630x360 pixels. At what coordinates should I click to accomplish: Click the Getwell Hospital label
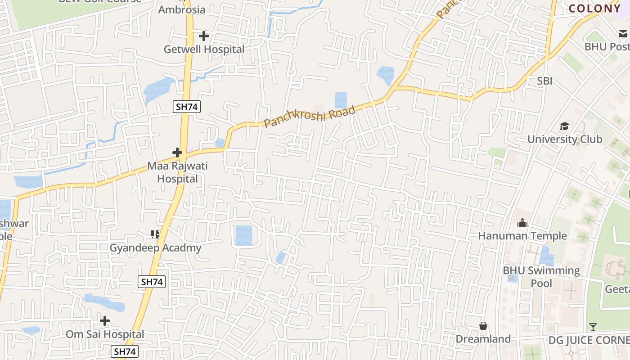coord(204,49)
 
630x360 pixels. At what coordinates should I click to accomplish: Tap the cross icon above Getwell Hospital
coord(204,36)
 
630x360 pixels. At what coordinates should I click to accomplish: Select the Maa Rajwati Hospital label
coord(178,172)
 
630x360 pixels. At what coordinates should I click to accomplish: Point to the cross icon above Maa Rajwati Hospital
coord(177,153)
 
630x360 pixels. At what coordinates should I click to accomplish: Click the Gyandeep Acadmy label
coord(156,248)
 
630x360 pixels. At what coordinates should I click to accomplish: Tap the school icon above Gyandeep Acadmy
coord(155,234)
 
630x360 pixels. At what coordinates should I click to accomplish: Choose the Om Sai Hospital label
coord(105,334)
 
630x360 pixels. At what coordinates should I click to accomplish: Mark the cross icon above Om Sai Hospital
coord(105,321)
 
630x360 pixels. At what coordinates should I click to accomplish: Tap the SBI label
coord(544,81)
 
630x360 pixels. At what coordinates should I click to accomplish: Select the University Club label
coord(565,139)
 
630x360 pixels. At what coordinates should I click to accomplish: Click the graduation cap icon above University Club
coord(564,126)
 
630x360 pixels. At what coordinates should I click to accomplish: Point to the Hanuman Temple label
coord(522,236)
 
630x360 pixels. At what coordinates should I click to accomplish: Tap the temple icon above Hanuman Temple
coord(522,223)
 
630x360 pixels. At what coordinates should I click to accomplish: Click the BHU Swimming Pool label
coord(541,277)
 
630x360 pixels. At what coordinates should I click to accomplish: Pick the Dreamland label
coord(483,339)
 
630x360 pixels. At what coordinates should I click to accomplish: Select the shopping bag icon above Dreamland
coord(483,326)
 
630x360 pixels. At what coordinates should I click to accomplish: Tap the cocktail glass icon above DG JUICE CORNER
coord(593,327)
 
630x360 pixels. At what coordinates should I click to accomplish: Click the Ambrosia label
coord(182,9)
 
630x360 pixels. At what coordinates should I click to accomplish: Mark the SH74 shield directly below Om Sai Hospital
coord(125,351)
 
